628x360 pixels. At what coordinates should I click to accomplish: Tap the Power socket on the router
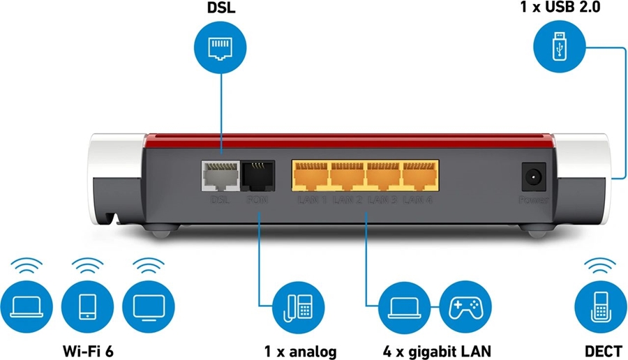[x=534, y=176]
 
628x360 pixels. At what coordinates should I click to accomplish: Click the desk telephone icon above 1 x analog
[x=299, y=306]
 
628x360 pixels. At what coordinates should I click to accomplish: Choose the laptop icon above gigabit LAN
[x=404, y=306]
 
